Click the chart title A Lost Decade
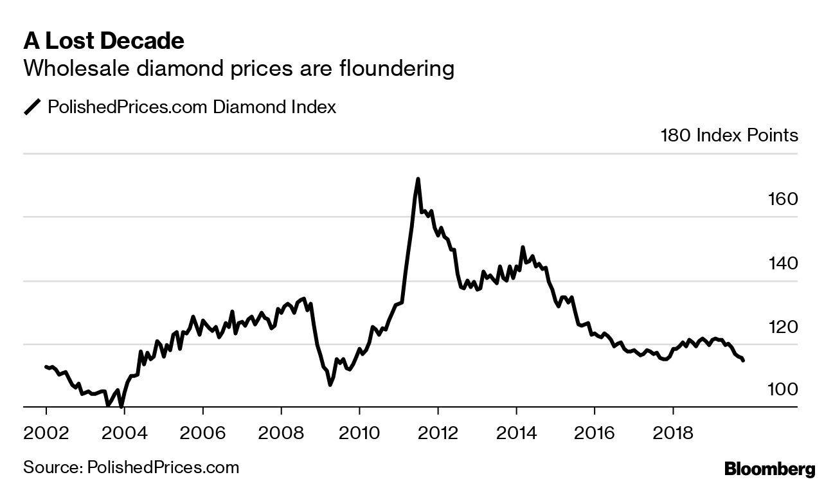pyautogui.click(x=104, y=41)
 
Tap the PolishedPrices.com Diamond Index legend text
pyautogui.click(x=192, y=107)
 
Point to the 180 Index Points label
pyautogui.click(x=729, y=136)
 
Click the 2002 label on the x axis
pyautogui.click(x=46, y=430)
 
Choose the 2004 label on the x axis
pyautogui.click(x=125, y=430)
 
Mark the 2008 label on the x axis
pyautogui.click(x=281, y=430)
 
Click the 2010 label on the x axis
pyautogui.click(x=359, y=430)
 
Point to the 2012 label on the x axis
pyautogui.click(x=438, y=430)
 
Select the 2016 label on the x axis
pyautogui.click(x=595, y=430)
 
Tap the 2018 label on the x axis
pyautogui.click(x=673, y=430)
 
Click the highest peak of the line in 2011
pyautogui.click(x=418, y=179)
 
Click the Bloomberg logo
pyautogui.click(x=769, y=469)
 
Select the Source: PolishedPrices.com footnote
pyautogui.click(x=131, y=467)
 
